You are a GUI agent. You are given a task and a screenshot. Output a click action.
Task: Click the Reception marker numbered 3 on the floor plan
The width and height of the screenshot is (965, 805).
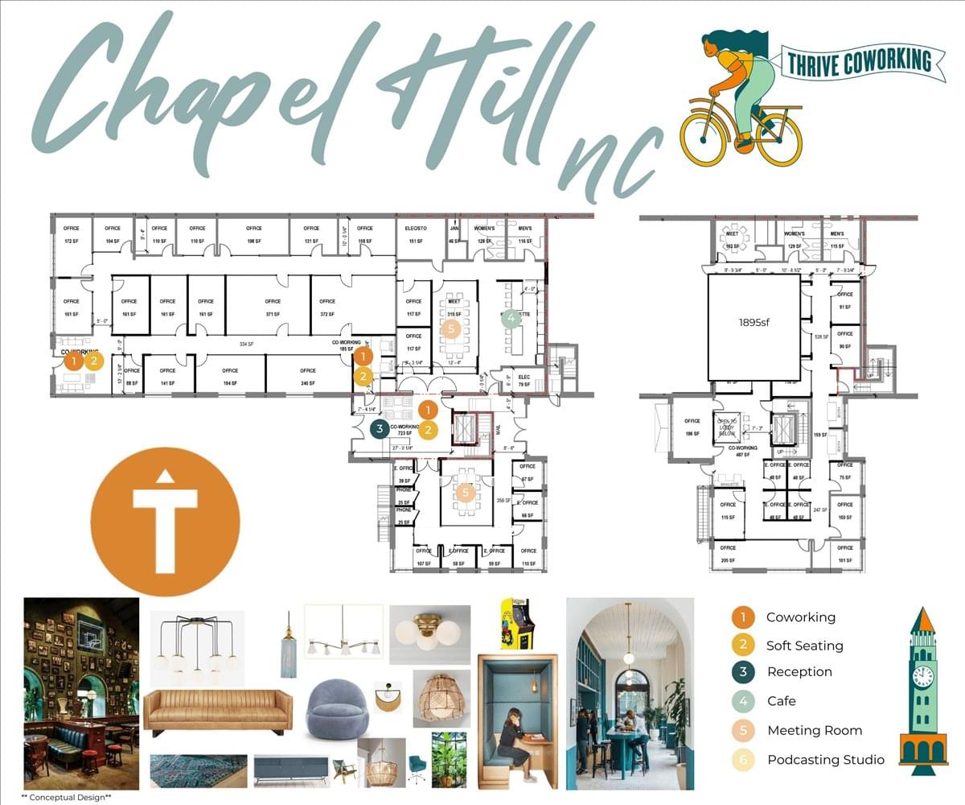coord(380,429)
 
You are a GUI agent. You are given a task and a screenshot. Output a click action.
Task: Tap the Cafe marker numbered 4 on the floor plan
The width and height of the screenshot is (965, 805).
coord(511,319)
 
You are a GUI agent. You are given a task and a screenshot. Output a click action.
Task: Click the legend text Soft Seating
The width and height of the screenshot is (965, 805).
coord(804,646)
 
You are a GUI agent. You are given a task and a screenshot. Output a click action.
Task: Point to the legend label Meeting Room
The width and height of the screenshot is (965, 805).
coord(814,731)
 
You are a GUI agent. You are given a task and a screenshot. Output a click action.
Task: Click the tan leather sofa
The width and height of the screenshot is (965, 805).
coord(218,710)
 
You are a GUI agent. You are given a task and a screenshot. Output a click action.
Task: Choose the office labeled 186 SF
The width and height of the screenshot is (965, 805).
coord(692,427)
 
